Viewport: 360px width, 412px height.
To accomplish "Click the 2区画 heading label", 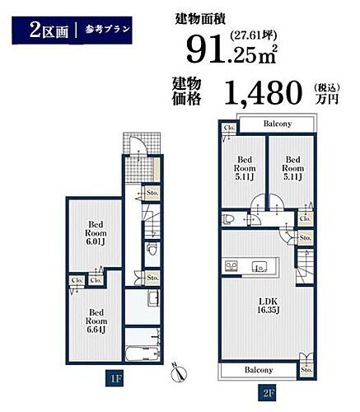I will pos(46,31).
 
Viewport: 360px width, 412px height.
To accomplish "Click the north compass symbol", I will pos(178,372).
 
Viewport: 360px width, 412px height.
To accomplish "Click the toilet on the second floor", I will pos(232,218).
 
